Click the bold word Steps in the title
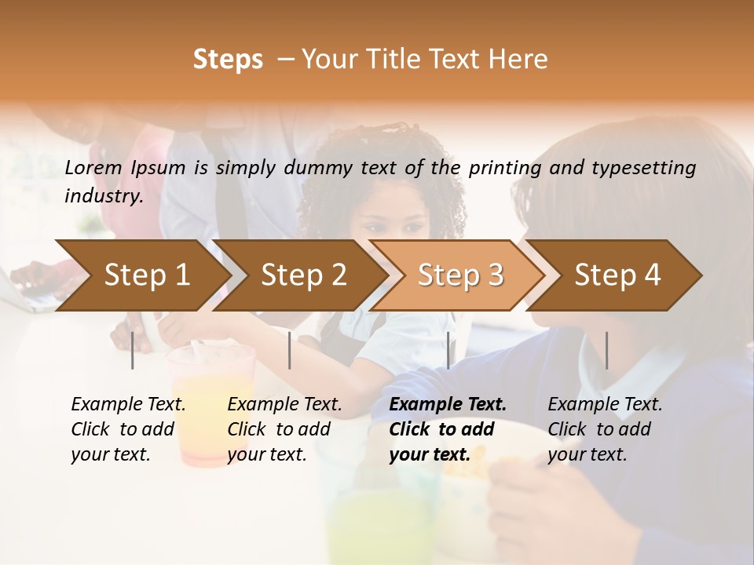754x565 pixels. point(228,60)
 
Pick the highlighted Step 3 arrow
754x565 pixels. point(460,275)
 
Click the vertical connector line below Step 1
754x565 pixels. point(133,350)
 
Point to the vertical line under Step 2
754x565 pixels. point(290,350)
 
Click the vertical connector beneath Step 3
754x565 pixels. point(448,350)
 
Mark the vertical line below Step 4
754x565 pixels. point(606,350)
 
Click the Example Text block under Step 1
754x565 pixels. point(128,429)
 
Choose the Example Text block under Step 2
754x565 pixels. point(284,429)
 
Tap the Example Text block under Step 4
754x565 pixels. point(605,429)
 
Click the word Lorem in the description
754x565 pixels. point(93,167)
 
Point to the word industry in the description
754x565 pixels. point(103,196)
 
